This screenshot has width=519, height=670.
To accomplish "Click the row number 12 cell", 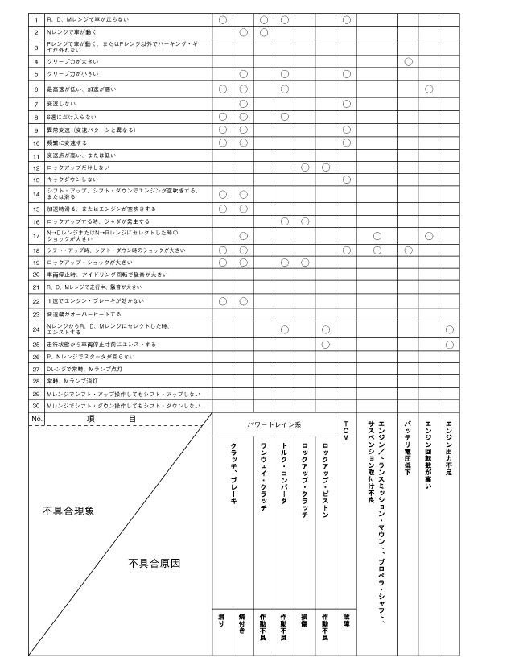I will tap(36, 167).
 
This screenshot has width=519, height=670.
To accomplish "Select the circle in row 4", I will tap(408, 61).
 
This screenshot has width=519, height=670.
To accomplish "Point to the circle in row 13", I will tap(346, 180).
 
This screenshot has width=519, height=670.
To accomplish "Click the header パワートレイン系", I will tap(274, 424).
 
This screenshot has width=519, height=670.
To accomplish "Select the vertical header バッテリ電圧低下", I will tap(408, 446).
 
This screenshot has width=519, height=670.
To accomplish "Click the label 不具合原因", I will tap(154, 563).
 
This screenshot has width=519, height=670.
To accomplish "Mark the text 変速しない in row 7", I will tap(60, 104).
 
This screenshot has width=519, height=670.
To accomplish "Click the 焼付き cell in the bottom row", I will tap(242, 622).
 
